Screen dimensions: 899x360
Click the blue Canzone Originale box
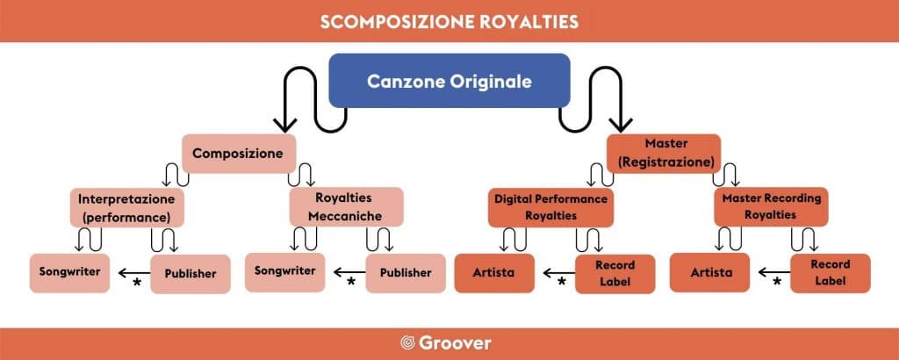tap(449, 81)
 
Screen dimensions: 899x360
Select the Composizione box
tap(239, 154)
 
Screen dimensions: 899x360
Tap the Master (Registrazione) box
tap(664, 154)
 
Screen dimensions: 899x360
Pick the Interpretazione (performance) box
tap(127, 207)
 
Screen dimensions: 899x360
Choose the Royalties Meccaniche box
tap(346, 207)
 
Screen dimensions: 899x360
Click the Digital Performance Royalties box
tap(551, 207)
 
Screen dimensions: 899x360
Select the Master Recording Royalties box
tap(771, 207)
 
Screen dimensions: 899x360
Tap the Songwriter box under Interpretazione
tap(70, 273)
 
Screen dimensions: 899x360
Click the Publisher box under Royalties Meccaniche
tap(406, 273)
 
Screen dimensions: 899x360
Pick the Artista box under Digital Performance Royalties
tap(494, 273)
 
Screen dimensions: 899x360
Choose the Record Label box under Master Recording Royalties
tap(831, 273)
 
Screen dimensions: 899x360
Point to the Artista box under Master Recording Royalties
tap(710, 273)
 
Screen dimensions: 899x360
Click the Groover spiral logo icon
tap(407, 342)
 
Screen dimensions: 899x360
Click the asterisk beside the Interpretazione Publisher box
tap(137, 282)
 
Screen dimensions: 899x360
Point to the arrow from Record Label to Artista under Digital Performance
tap(559, 273)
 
